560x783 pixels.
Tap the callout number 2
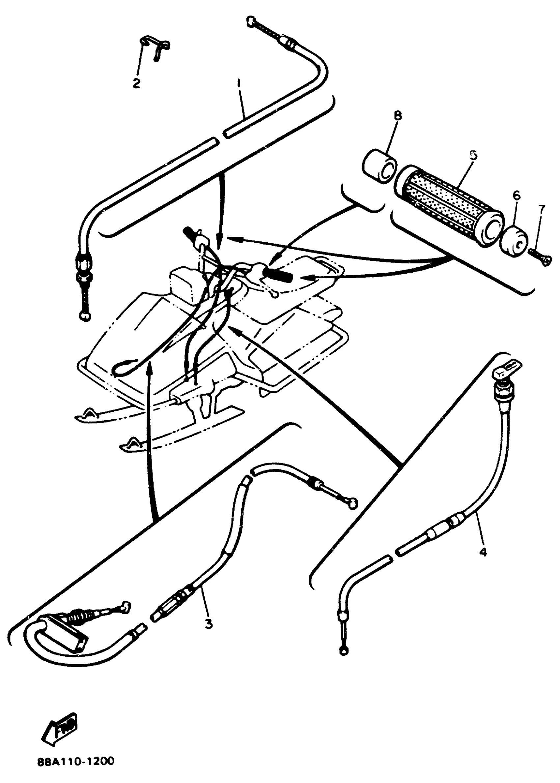tap(137, 83)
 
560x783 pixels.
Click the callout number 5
tap(474, 155)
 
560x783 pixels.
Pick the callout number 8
tap(398, 115)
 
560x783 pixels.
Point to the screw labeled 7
tap(539, 257)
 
